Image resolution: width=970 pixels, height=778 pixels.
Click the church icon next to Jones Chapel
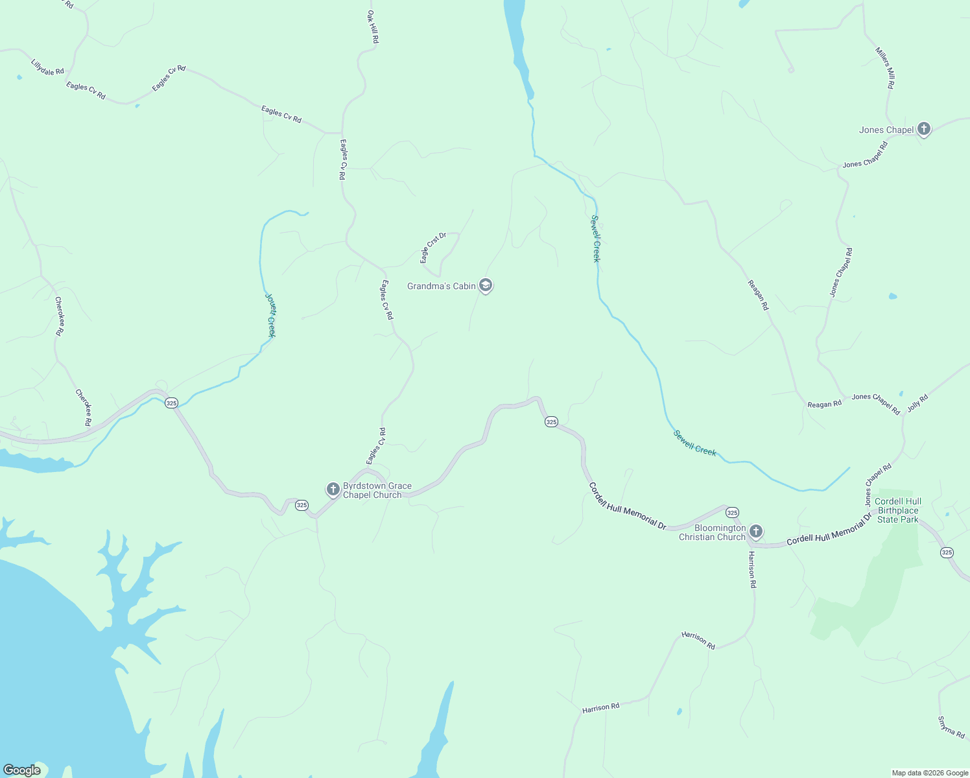(x=924, y=129)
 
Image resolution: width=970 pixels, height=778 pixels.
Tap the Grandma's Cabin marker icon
(x=486, y=285)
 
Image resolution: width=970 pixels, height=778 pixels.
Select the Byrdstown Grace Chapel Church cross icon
(x=333, y=489)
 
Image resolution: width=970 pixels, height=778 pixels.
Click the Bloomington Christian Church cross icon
(x=755, y=532)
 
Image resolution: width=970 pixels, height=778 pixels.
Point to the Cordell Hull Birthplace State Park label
(x=898, y=510)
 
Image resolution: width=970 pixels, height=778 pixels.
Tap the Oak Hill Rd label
(x=373, y=27)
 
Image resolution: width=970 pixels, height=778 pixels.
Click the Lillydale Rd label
(x=47, y=67)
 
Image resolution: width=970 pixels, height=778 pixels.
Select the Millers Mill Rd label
(x=885, y=68)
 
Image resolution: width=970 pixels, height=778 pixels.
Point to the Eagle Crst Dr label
(x=432, y=248)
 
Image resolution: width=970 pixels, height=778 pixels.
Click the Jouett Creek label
(x=270, y=315)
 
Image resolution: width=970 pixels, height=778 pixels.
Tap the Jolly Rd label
(x=917, y=402)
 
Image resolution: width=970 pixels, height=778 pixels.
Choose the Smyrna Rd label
(x=951, y=727)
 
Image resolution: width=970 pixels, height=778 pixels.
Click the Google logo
(x=22, y=770)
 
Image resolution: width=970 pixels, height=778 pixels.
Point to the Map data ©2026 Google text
(x=930, y=773)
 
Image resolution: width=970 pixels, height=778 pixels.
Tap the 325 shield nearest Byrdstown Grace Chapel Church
(x=302, y=505)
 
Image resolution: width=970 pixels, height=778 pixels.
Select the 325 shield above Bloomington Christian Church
(x=732, y=513)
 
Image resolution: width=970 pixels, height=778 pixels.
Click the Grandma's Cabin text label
(x=442, y=286)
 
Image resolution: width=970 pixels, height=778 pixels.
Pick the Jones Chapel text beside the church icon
(x=886, y=130)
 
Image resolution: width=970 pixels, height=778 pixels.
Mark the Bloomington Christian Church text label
(x=713, y=532)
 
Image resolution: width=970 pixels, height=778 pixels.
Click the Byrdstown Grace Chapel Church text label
(x=377, y=490)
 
